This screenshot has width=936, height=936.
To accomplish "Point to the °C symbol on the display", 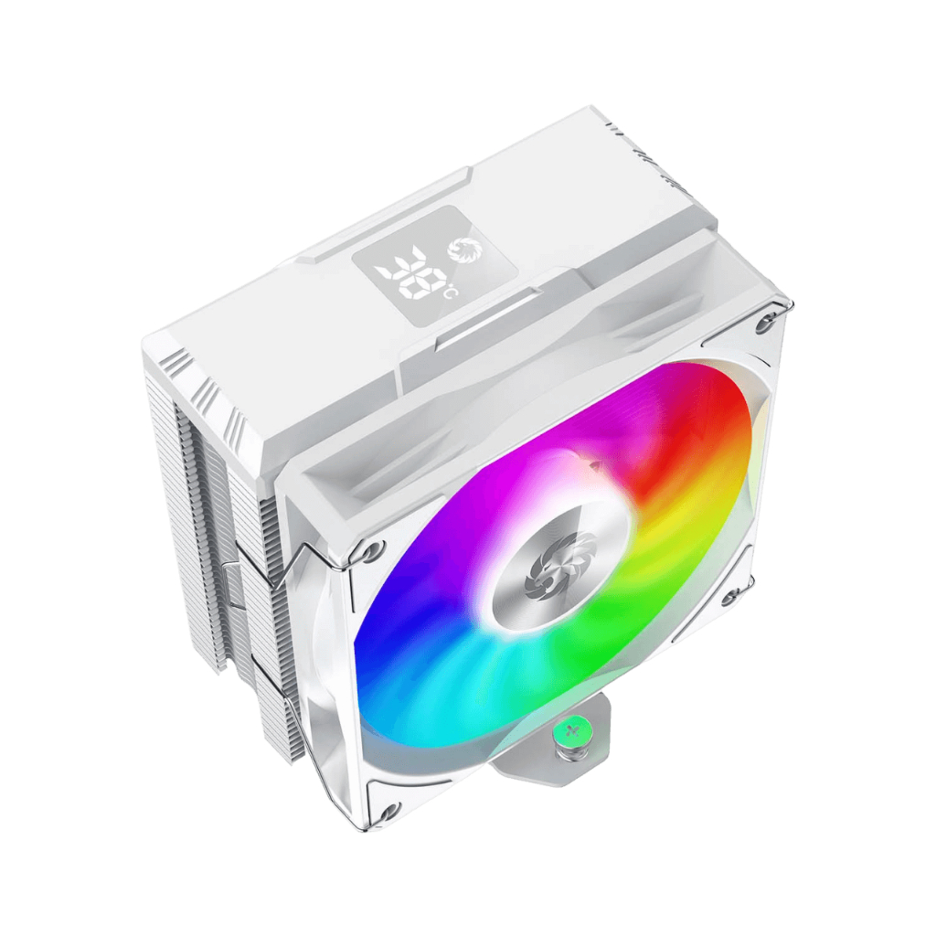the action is point(448,292).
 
